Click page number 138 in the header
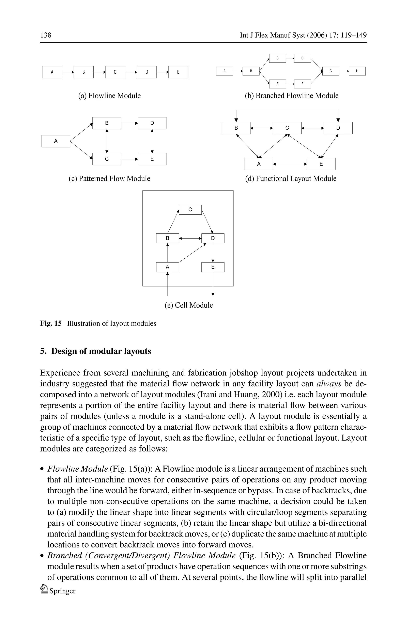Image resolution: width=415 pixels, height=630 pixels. pyautogui.click(x=46, y=35)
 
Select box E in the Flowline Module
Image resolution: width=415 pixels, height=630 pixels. pyautogui.click(x=178, y=72)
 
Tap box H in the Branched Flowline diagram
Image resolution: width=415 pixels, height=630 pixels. pyautogui.click(x=357, y=71)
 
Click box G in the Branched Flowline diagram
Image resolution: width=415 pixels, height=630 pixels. pyautogui.click(x=331, y=71)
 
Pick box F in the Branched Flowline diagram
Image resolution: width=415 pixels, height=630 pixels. pyautogui.click(x=302, y=84)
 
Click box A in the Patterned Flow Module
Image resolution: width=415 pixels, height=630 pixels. pyautogui.click(x=56, y=141)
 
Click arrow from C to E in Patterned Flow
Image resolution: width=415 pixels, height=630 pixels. pyautogui.click(x=129, y=159)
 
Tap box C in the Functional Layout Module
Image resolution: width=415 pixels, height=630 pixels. pyautogui.click(x=287, y=128)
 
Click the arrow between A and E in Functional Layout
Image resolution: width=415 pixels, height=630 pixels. pyautogui.click(x=290, y=164)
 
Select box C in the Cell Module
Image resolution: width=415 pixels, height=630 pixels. pyautogui.click(x=190, y=210)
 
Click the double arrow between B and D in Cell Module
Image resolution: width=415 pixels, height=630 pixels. pyautogui.click(x=190, y=238)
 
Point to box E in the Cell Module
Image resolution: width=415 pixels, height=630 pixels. pyautogui.click(x=213, y=267)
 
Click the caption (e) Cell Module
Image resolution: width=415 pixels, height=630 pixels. pyautogui.click(x=189, y=305)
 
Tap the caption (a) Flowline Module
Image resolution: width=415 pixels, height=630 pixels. pyautogui.click(x=109, y=96)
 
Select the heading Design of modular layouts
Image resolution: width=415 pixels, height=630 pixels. pyautogui.click(x=101, y=351)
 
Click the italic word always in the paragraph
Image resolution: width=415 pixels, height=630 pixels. pyautogui.click(x=328, y=384)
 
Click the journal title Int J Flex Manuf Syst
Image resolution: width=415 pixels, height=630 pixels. pyautogui.click(x=272, y=35)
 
